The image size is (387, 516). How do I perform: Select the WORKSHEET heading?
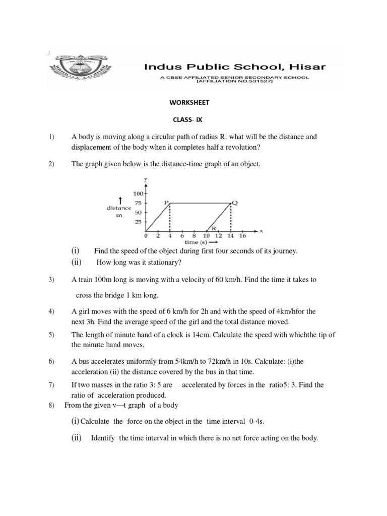[x=189, y=103]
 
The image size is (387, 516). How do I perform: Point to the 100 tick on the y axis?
[x=139, y=193]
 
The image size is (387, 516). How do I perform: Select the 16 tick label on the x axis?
[x=243, y=235]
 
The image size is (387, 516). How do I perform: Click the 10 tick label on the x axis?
[x=207, y=235]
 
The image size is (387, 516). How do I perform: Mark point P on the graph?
[x=166, y=202]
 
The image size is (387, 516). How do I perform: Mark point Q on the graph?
[x=234, y=202]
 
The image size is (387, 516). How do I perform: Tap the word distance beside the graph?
[x=119, y=208]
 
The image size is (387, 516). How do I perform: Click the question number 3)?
[x=51, y=280]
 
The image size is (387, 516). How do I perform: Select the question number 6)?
[x=51, y=362]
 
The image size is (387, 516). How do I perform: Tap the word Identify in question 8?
[x=104, y=438]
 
